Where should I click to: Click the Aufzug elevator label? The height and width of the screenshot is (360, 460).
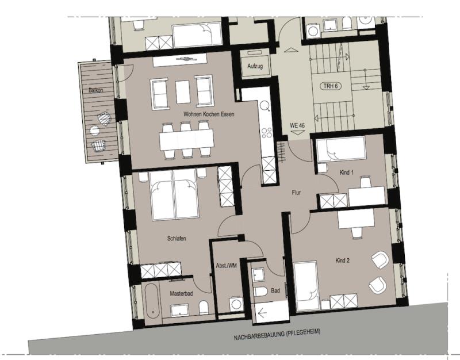click(x=255, y=66)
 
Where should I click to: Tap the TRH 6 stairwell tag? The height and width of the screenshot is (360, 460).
click(x=331, y=86)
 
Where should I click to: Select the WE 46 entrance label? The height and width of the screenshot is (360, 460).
click(x=297, y=125)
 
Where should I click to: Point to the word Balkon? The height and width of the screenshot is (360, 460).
click(x=95, y=90)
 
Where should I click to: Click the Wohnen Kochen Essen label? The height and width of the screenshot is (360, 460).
click(x=209, y=114)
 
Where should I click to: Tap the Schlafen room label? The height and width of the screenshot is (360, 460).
click(x=177, y=239)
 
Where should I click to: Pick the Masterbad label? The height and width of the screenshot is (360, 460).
click(x=181, y=293)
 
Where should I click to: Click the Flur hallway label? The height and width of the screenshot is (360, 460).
click(x=296, y=193)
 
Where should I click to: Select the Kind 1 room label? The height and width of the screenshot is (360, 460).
click(x=347, y=173)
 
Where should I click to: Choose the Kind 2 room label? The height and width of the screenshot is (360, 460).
click(x=342, y=261)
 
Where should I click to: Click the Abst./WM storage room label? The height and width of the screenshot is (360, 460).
click(x=226, y=266)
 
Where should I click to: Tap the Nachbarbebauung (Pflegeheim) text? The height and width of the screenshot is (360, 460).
click(x=277, y=335)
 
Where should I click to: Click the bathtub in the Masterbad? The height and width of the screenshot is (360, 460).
click(x=152, y=301)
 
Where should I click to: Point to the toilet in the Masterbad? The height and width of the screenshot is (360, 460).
click(x=204, y=308)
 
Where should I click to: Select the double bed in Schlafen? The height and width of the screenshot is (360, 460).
click(x=174, y=195)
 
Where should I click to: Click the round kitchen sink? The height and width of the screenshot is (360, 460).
click(x=265, y=106)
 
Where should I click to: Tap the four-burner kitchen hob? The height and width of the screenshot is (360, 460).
click(x=266, y=133)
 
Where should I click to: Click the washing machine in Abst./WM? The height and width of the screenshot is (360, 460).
click(x=236, y=304)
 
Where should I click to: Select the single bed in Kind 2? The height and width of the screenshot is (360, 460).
click(x=305, y=286)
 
